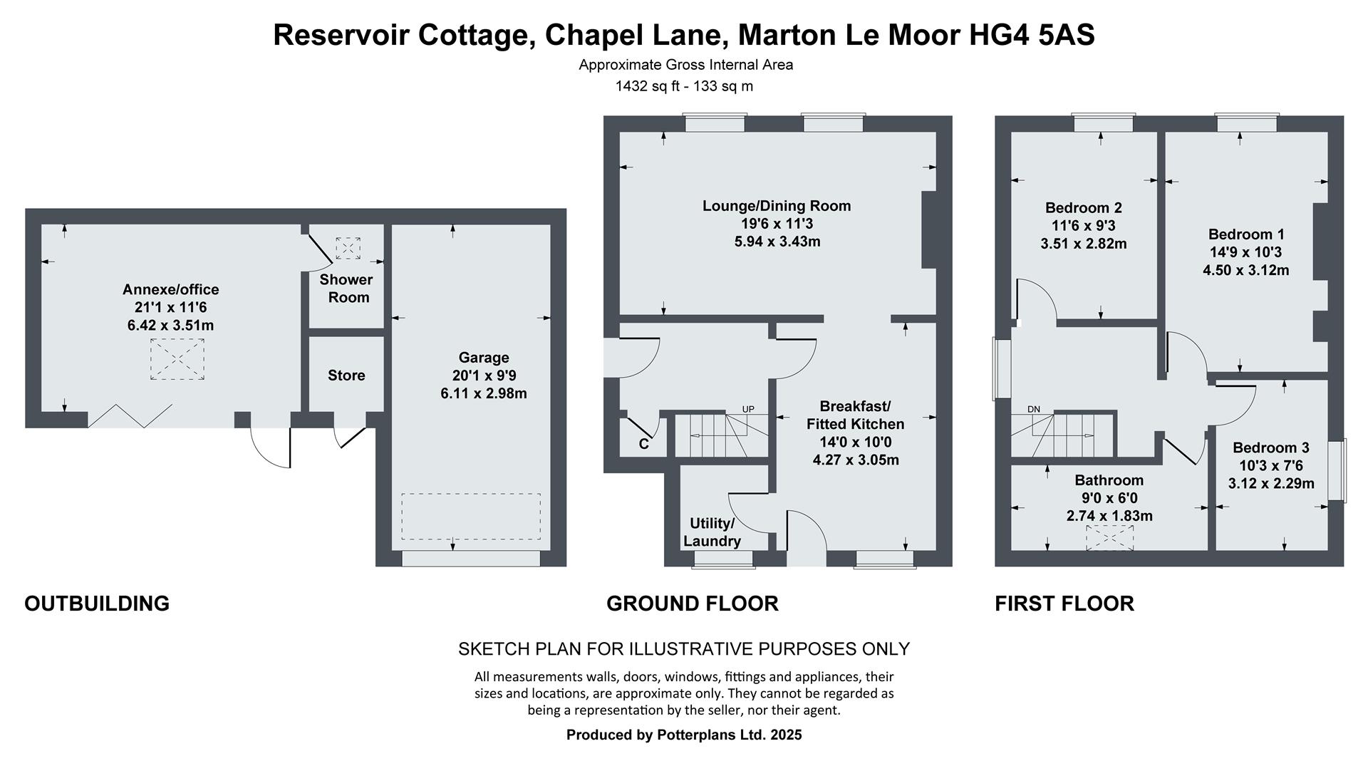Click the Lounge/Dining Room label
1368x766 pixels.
pos(777,206)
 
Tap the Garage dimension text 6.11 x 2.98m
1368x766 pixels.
pos(484,393)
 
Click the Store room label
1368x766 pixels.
pos(346,376)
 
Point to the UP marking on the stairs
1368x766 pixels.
pos(748,409)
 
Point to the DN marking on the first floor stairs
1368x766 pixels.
pos(1034,409)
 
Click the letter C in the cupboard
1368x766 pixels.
pos(643,444)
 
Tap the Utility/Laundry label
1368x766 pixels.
pos(711,532)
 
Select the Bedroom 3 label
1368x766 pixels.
pos(1271,447)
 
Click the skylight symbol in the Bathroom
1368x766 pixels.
pos(1109,538)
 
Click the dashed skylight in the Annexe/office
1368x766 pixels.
pos(177,359)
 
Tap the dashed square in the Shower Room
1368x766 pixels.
pos(348,247)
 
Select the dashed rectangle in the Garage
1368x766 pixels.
pos(470,516)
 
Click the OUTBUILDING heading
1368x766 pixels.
pos(97,604)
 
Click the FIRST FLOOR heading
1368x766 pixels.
pos(1064,604)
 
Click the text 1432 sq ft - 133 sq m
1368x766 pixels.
pos(684,86)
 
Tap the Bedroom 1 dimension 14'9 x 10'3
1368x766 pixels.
pos(1245,252)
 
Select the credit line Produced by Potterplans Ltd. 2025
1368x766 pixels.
pos(684,735)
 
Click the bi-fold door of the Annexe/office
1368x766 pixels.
pos(130,416)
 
